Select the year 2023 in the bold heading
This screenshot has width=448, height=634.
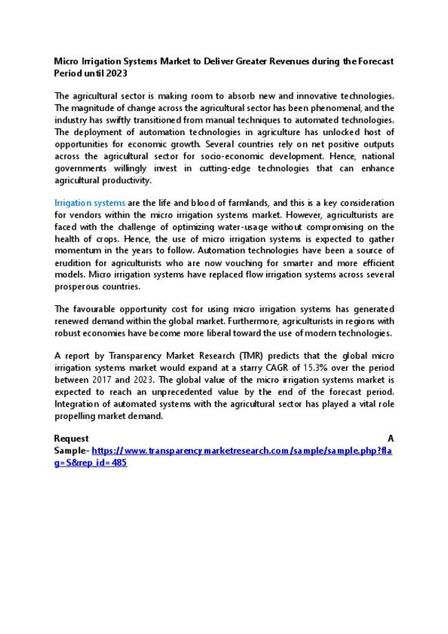point(117,72)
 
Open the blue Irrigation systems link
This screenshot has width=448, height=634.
point(90,203)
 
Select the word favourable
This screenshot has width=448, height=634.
point(95,309)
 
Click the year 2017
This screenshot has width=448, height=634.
point(102,380)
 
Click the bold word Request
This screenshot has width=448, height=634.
point(71,439)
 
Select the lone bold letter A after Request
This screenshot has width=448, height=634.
point(391,439)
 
